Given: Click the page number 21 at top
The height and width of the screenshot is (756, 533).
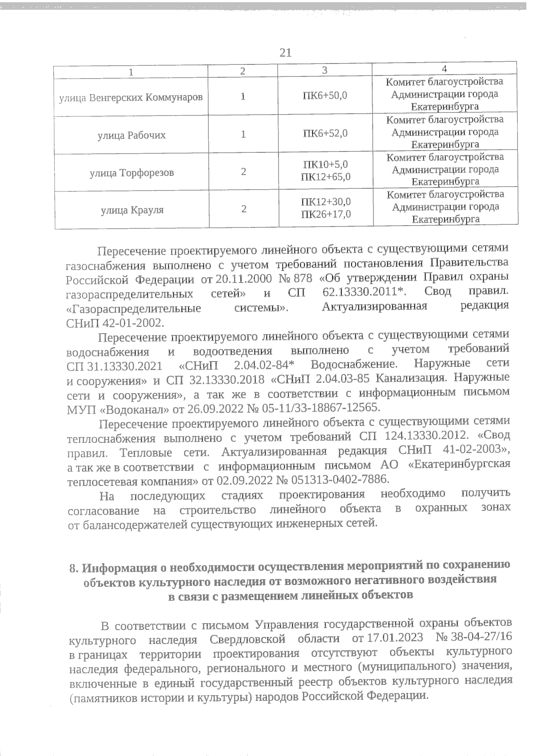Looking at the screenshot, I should (286, 53).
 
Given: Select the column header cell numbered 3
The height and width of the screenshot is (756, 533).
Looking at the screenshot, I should (325, 70).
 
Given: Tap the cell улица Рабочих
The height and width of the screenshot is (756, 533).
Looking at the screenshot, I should (131, 135).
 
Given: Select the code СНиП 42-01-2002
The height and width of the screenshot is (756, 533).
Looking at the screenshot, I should (115, 322).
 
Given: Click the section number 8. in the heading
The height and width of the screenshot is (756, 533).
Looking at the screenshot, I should (74, 568).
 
